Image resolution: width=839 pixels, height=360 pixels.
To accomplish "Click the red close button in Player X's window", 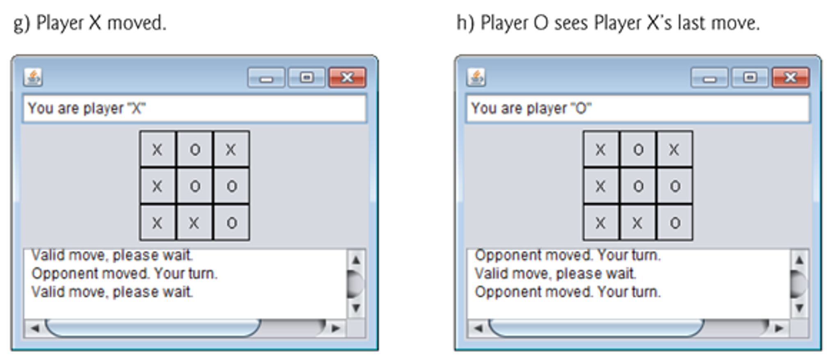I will (x=347, y=77).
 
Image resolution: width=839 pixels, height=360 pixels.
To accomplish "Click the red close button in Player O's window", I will (x=790, y=77).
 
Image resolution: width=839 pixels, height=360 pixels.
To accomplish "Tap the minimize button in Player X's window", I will (x=266, y=77).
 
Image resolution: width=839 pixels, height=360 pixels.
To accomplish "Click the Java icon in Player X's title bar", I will (x=33, y=77).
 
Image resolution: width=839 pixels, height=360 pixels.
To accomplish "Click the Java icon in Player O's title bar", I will (x=476, y=77).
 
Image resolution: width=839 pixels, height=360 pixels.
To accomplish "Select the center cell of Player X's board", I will (x=195, y=186).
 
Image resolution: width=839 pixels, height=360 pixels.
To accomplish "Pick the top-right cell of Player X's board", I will (x=231, y=150).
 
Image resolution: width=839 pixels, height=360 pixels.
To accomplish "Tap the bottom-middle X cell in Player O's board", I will (x=637, y=223).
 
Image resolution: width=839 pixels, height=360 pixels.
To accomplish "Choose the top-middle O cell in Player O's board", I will (x=638, y=150).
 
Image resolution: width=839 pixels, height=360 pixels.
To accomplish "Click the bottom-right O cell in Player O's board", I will (x=675, y=223).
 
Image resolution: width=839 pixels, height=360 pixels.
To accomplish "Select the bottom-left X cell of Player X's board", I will (x=157, y=223).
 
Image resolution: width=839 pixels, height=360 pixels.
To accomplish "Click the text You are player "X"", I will (x=87, y=109).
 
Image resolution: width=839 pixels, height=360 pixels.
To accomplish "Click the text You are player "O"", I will (x=531, y=109).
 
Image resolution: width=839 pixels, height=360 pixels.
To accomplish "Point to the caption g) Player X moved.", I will (x=90, y=23).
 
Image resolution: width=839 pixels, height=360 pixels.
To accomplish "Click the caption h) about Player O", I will (x=608, y=23).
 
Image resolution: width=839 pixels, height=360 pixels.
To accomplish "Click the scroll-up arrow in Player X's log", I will (x=356, y=260).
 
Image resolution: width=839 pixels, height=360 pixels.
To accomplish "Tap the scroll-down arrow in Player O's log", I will (x=799, y=308).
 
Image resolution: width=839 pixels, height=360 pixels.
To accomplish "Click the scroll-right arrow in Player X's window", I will (x=336, y=328).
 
